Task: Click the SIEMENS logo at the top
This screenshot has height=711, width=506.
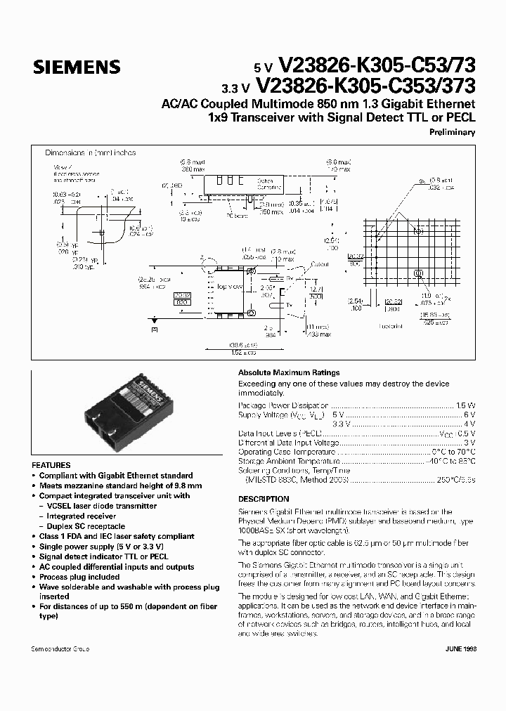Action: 77,67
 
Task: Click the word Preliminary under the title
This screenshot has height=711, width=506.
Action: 451,132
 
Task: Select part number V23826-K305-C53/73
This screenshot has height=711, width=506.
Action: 377,66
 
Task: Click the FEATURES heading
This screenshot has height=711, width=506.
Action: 51,465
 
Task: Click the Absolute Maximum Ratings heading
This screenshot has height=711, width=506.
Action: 289,372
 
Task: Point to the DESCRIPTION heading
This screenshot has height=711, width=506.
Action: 264,499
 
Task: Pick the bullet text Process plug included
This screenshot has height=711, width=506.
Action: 79,577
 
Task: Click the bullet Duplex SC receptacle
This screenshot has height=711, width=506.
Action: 86,526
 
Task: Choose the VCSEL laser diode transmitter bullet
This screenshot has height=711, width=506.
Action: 101,506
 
